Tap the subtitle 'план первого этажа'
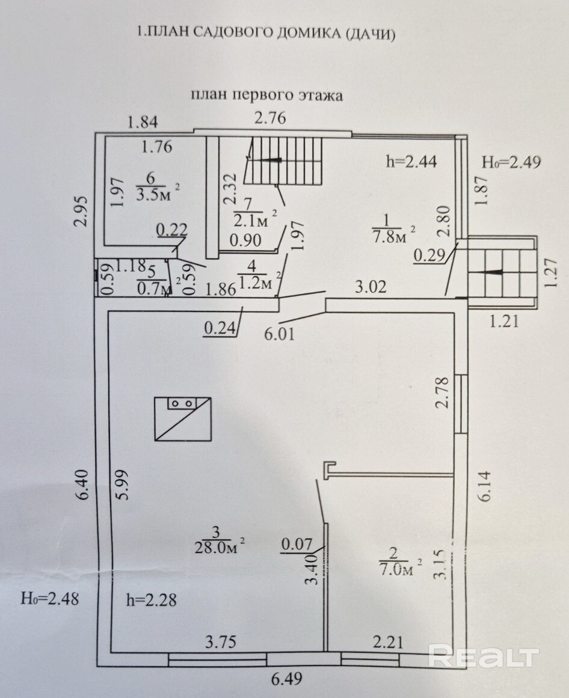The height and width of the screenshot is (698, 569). tap(266, 95)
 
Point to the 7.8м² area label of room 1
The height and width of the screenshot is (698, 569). tap(392, 236)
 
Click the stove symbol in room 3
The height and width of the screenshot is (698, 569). tap(182, 419)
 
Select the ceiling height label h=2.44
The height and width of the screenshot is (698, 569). tap(411, 161)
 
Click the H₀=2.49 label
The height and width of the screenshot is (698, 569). tap(512, 162)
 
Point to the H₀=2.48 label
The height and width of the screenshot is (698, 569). tap(50, 599)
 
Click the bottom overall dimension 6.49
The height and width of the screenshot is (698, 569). tap(288, 678)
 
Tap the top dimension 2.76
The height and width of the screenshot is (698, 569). tap(270, 118)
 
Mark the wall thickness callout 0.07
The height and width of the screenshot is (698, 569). tap(297, 544)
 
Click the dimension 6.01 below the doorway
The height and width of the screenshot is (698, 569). tap(280, 334)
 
